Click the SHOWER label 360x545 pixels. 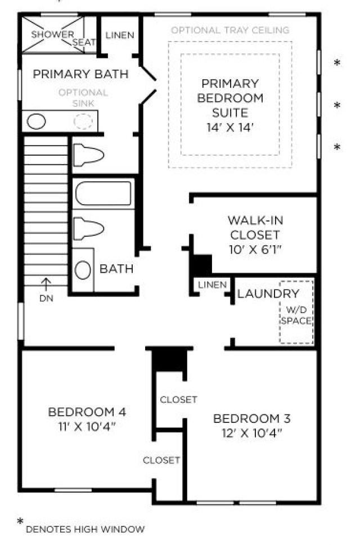click(x=52, y=34)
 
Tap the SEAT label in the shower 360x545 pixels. click(x=84, y=42)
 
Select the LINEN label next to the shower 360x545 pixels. click(x=120, y=35)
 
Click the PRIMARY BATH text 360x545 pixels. click(x=80, y=74)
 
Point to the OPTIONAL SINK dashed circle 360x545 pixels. click(x=83, y=121)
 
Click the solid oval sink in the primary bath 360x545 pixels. click(x=37, y=121)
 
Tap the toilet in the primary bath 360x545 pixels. click(x=89, y=155)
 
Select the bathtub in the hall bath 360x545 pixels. click(x=103, y=193)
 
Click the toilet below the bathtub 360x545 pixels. click(x=89, y=228)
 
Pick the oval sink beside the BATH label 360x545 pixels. click(x=83, y=270)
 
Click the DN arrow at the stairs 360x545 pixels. click(x=46, y=284)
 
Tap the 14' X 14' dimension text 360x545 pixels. click(x=230, y=128)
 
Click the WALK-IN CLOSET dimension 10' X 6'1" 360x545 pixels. click(x=255, y=250)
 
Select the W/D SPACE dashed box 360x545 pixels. click(x=296, y=312)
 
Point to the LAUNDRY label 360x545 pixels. click(x=268, y=294)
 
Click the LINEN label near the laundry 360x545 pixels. click(x=212, y=285)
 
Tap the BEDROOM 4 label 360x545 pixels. click(x=87, y=412)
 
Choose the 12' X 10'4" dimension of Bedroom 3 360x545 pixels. click(x=251, y=433)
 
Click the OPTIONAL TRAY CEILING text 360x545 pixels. click(x=230, y=30)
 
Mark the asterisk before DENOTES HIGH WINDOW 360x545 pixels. click(x=20, y=521)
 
